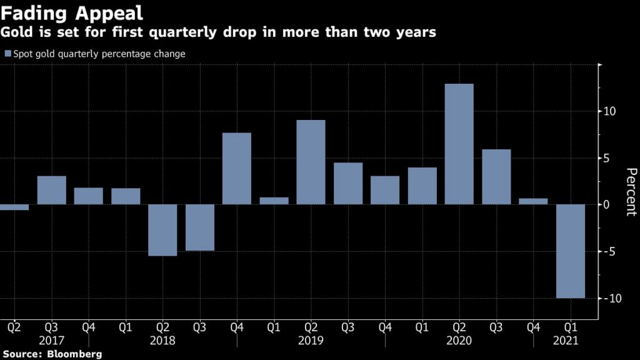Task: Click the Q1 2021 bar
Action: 571,251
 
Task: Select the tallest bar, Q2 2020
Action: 459,144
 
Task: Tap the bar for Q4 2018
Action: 237,168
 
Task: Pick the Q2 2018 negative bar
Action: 163,230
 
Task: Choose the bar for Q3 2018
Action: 200,227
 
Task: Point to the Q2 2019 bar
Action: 311,162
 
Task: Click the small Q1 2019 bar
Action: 274,201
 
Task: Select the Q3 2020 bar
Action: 496,177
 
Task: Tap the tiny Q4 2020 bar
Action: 533,201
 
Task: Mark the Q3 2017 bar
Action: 52,190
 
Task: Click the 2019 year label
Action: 311,341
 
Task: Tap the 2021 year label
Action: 566,341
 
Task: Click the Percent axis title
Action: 631,192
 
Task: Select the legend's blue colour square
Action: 7,54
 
